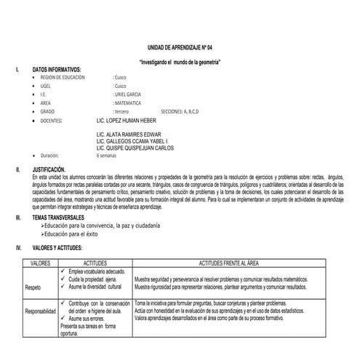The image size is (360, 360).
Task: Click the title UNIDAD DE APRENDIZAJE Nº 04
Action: pos(179,45)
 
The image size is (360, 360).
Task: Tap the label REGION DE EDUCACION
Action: pos(64,76)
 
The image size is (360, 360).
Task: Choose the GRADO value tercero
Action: pos(122,111)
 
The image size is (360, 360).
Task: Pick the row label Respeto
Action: pos(34,287)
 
